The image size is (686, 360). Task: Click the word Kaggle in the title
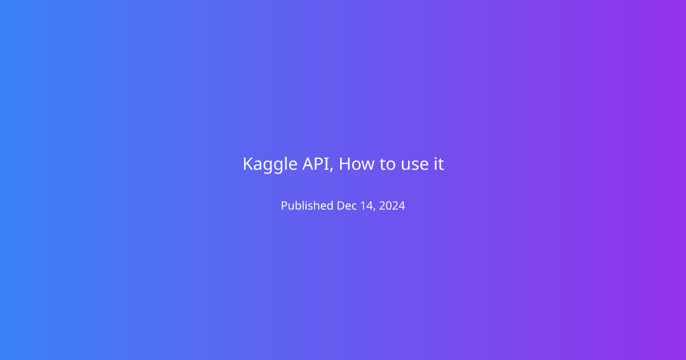pos(270,165)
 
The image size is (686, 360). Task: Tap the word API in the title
pos(316,163)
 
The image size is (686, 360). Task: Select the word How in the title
pos(357,163)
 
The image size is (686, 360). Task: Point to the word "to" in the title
pos(388,165)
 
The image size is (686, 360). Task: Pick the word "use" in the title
pos(414,165)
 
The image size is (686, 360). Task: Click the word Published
pos(307,205)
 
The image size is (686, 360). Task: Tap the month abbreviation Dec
pos(346,205)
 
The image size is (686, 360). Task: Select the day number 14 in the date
pos(366,205)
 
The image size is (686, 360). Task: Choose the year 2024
pos(392,205)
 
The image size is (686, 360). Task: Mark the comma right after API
pos(332,169)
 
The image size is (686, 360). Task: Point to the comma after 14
pos(374,209)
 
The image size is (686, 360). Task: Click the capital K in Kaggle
pos(248,163)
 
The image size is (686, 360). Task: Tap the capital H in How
pos(345,163)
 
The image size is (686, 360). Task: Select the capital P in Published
pos(285,205)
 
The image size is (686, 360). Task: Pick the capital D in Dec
pos(341,205)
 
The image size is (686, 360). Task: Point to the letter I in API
pos(328,163)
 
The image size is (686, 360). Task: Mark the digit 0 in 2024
pos(389,205)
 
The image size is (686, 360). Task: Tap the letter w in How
pos(368,165)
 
